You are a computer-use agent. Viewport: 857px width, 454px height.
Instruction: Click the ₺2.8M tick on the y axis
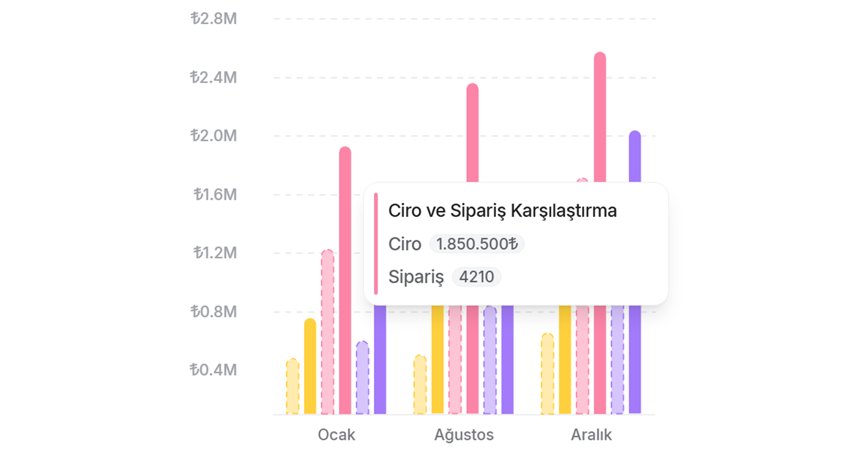click(214, 19)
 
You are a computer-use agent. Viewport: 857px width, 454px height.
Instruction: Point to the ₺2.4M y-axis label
click(214, 77)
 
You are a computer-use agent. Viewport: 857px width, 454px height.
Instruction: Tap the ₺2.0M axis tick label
click(214, 136)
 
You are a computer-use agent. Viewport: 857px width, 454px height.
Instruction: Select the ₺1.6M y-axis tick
click(215, 195)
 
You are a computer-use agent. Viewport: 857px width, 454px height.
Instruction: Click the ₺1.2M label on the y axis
click(215, 253)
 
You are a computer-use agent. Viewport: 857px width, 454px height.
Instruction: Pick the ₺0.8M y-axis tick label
click(214, 312)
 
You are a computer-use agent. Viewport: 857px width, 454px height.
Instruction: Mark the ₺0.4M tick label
click(214, 370)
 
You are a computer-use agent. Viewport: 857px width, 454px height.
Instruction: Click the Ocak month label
click(336, 435)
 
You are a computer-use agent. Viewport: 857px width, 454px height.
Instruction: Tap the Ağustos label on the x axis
click(464, 435)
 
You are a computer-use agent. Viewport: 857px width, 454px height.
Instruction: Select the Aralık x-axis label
click(591, 435)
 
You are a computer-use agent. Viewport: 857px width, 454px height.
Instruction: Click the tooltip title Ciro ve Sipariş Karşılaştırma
click(502, 211)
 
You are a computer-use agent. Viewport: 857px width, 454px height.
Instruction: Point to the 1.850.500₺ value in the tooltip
click(477, 244)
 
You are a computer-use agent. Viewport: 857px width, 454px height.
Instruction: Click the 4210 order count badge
click(477, 277)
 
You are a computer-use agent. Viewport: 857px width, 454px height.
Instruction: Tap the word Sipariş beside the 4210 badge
click(416, 277)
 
